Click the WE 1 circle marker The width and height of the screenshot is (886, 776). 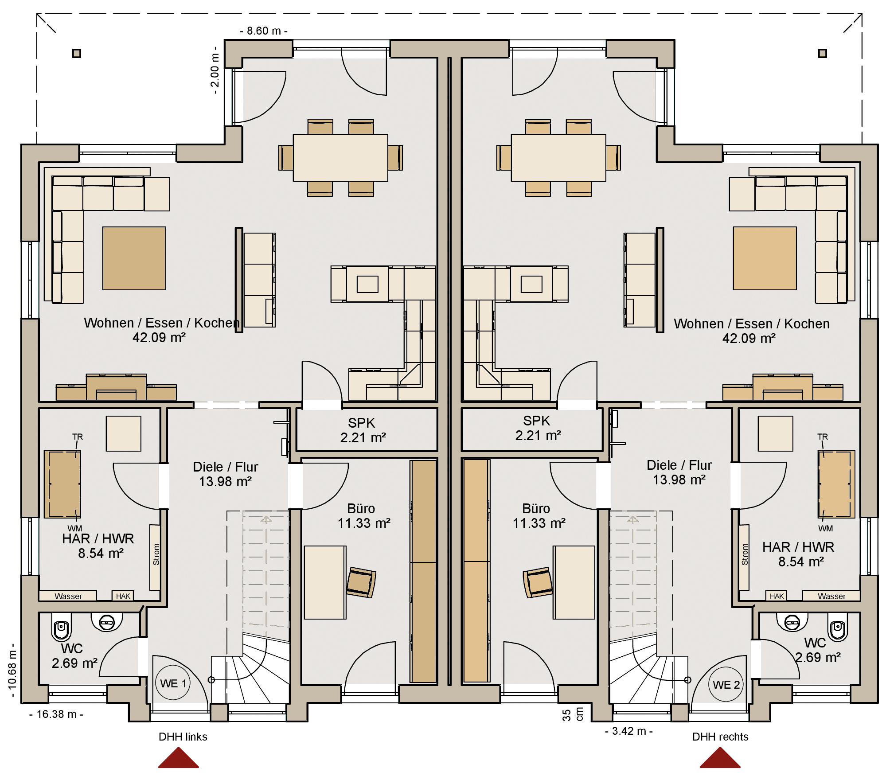(x=173, y=682)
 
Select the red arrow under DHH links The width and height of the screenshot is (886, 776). (x=179, y=757)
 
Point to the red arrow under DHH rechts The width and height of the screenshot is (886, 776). (x=720, y=757)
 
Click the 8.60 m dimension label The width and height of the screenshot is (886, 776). (x=264, y=31)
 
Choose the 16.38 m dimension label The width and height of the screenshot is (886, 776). (x=56, y=714)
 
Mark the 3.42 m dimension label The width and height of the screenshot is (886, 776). (x=629, y=731)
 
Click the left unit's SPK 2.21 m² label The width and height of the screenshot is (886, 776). (x=363, y=430)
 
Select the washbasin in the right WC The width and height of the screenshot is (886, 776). (x=792, y=622)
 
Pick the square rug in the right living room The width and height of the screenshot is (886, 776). (x=765, y=258)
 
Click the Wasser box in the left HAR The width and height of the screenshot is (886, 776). (x=68, y=596)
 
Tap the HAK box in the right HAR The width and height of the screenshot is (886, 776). (x=777, y=596)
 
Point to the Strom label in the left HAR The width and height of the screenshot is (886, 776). (x=156, y=554)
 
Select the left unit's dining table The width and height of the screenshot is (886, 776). (x=340, y=158)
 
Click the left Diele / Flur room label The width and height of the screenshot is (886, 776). (x=225, y=474)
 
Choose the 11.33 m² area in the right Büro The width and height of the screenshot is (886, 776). (x=539, y=523)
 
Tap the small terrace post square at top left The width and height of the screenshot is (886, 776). (x=77, y=54)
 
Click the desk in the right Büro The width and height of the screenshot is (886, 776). (x=574, y=582)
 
